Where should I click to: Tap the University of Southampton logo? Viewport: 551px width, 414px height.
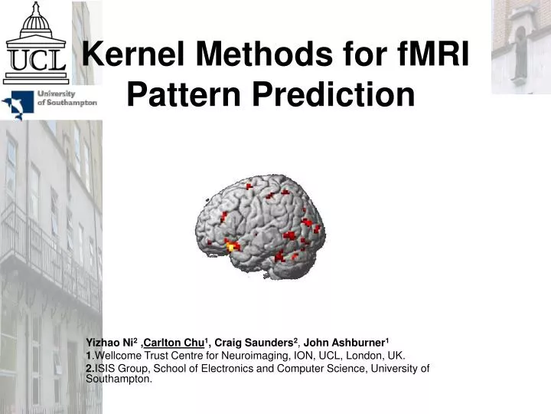coord(49,103)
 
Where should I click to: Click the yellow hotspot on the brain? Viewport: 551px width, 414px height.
coord(231,245)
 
